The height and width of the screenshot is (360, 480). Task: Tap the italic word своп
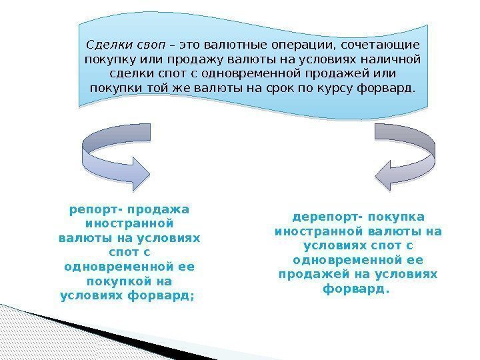click(149, 45)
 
